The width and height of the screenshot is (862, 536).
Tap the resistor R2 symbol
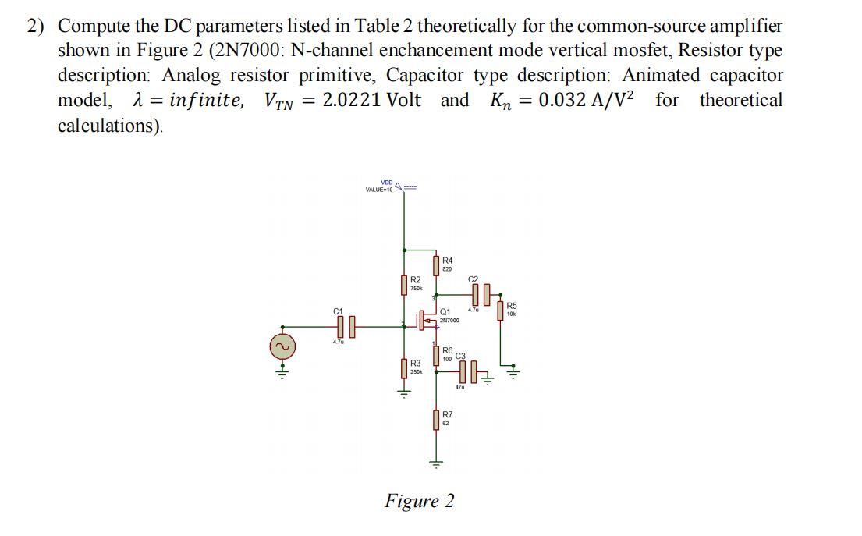pyautogui.click(x=404, y=284)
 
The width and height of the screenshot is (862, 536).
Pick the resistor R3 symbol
pyautogui.click(x=404, y=367)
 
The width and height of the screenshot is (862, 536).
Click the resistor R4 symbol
pyautogui.click(x=435, y=265)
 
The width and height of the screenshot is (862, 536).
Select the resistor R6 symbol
pyautogui.click(x=435, y=356)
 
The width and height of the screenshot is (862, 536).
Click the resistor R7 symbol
pyautogui.click(x=435, y=420)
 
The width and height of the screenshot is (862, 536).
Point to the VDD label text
pyautogui.click(x=387, y=183)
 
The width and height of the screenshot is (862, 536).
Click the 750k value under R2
pyautogui.click(x=417, y=288)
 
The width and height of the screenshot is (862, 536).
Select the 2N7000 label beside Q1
pyautogui.click(x=449, y=321)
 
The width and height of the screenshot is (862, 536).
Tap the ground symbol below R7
pyautogui.click(x=435, y=463)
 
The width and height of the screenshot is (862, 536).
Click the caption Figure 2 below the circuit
pyautogui.click(x=419, y=500)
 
